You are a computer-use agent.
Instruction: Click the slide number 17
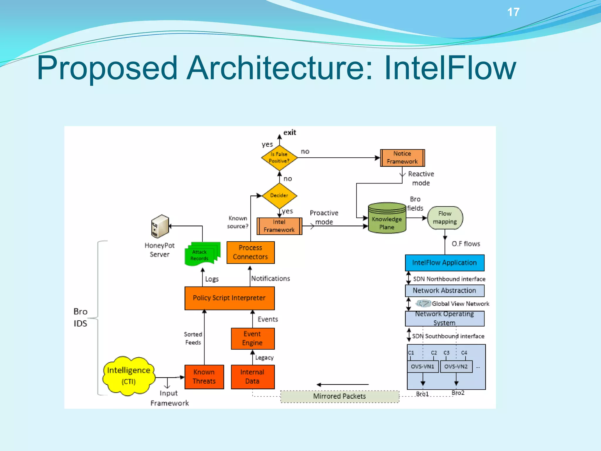513,12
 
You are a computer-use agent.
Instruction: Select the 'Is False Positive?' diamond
279,158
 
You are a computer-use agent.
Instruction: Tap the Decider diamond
279,195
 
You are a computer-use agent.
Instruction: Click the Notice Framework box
402,158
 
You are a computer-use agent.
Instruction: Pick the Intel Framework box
279,226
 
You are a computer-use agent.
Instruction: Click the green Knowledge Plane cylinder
387,219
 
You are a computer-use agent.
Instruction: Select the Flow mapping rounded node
445,218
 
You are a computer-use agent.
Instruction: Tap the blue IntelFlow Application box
444,262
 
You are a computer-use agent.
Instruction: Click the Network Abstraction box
444,290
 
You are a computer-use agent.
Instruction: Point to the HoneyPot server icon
160,226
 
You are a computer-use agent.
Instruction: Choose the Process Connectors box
250,252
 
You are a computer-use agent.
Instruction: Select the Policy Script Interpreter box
229,298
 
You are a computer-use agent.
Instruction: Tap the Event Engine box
252,338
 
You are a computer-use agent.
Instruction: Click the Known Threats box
204,377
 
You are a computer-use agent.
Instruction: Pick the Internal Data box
252,377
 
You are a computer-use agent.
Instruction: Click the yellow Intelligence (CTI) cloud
129,376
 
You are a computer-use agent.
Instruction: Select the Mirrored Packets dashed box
340,396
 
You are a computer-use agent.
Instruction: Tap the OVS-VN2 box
456,366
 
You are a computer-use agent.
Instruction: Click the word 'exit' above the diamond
290,132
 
